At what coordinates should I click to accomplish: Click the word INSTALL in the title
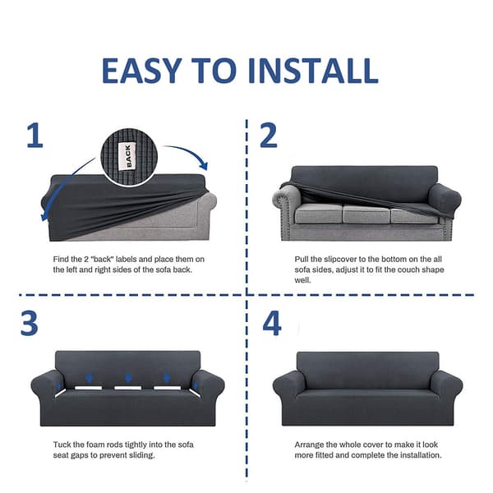click(313, 71)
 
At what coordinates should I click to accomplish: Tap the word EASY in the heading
click(141, 71)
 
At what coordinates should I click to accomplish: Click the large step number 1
click(35, 136)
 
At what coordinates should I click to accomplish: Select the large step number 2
click(269, 136)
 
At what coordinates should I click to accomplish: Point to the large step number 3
click(30, 323)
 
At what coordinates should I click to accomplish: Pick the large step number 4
click(272, 323)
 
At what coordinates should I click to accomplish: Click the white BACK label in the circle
click(127, 156)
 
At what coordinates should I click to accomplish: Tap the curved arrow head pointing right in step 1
click(204, 165)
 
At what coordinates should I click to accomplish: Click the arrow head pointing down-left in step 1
click(44, 216)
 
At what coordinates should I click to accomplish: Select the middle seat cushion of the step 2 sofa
click(366, 213)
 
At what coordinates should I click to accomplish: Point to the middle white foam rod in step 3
click(127, 388)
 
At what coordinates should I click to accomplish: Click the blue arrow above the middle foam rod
click(128, 378)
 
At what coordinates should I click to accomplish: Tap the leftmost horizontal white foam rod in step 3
click(89, 388)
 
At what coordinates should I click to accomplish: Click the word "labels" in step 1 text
click(126, 260)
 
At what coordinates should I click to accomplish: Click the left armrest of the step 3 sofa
click(48, 385)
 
